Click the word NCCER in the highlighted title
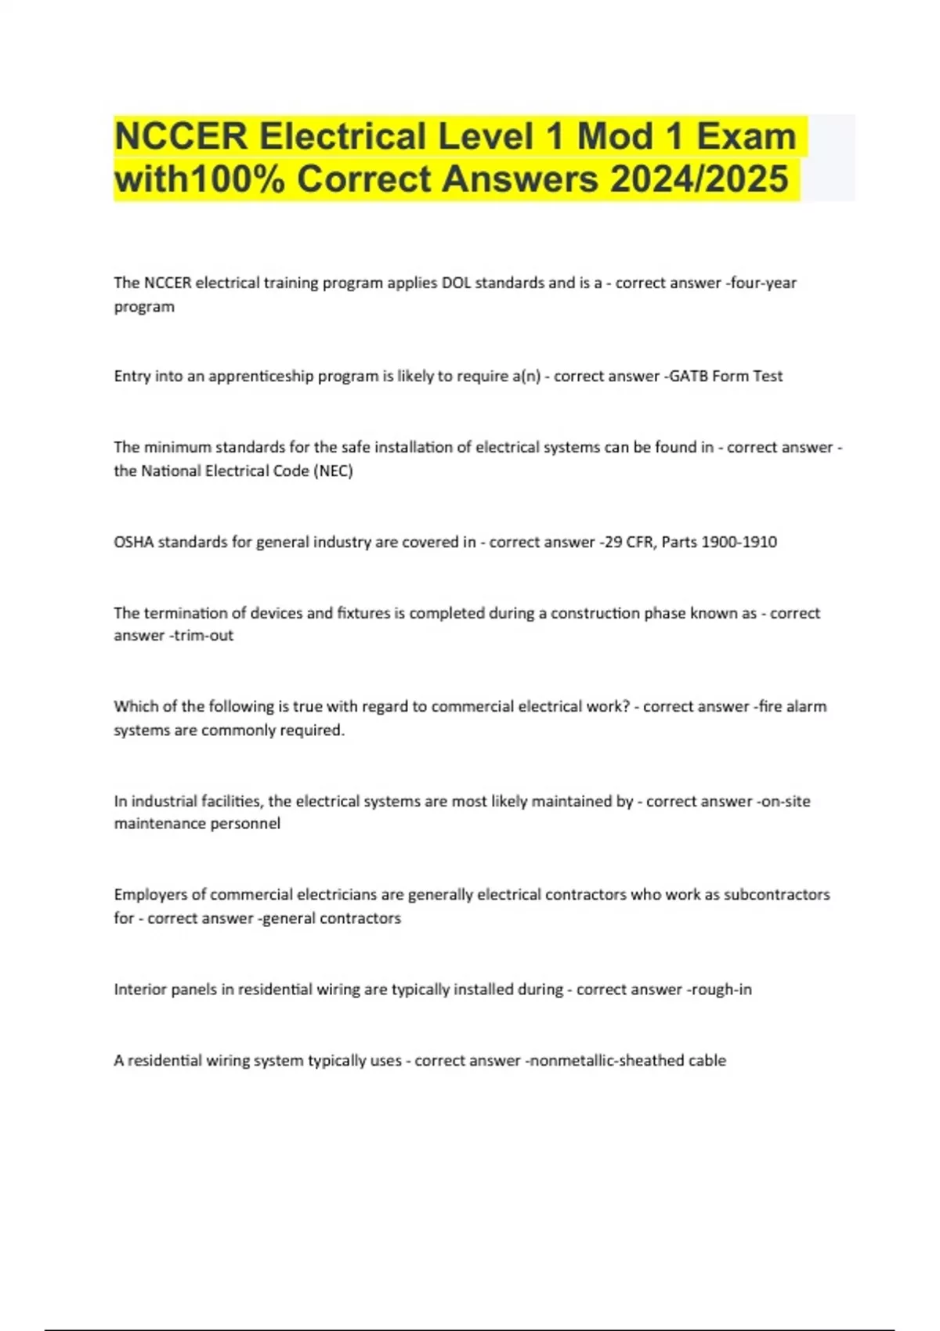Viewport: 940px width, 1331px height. [x=180, y=136]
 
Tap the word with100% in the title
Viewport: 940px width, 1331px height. [x=200, y=179]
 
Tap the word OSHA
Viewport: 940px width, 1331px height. [x=134, y=542]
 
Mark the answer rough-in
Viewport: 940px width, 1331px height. [x=721, y=990]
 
